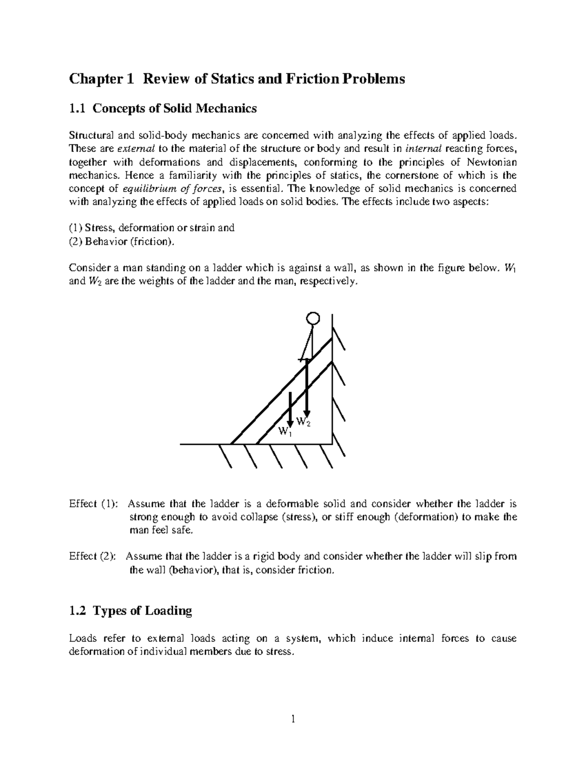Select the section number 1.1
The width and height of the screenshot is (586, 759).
(x=77, y=108)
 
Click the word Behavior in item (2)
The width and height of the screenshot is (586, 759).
(x=102, y=241)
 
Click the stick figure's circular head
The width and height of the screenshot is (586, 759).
(x=313, y=319)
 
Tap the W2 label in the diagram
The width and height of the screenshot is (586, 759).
(x=303, y=422)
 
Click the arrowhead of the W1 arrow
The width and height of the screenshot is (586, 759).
(x=290, y=421)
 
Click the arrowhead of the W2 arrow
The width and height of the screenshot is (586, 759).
(x=307, y=412)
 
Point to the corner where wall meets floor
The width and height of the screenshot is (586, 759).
(x=332, y=444)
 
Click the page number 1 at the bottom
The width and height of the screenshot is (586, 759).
(x=293, y=719)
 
